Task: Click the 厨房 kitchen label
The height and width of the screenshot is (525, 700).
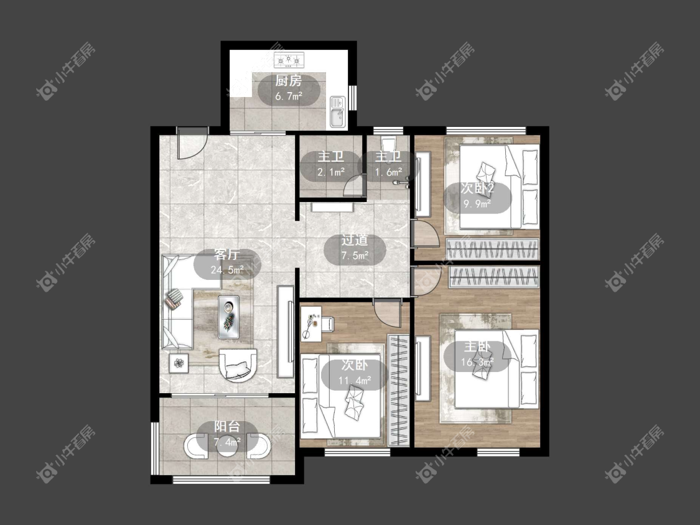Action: click(288, 80)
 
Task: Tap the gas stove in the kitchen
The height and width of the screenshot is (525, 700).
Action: click(289, 59)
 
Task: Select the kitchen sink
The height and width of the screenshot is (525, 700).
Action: click(337, 111)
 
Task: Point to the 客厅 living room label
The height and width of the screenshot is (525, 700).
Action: click(226, 254)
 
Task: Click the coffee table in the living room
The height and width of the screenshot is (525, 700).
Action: click(228, 317)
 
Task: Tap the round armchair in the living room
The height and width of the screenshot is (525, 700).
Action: click(238, 365)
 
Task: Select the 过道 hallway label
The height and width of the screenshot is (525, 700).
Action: click(355, 240)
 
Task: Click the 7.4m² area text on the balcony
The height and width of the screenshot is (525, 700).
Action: click(227, 442)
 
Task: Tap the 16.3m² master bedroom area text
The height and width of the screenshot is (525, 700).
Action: click(477, 361)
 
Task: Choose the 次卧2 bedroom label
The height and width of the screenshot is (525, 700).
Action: click(477, 188)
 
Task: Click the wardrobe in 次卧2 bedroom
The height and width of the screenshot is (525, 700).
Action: click(492, 249)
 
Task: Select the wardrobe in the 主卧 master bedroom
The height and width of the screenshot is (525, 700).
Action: click(494, 277)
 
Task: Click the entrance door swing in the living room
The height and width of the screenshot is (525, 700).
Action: click(192, 143)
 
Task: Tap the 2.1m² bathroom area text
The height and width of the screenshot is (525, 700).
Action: click(331, 172)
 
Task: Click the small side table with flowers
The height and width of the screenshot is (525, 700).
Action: click(179, 363)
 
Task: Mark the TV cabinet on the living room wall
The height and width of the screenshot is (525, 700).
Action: click(286, 332)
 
